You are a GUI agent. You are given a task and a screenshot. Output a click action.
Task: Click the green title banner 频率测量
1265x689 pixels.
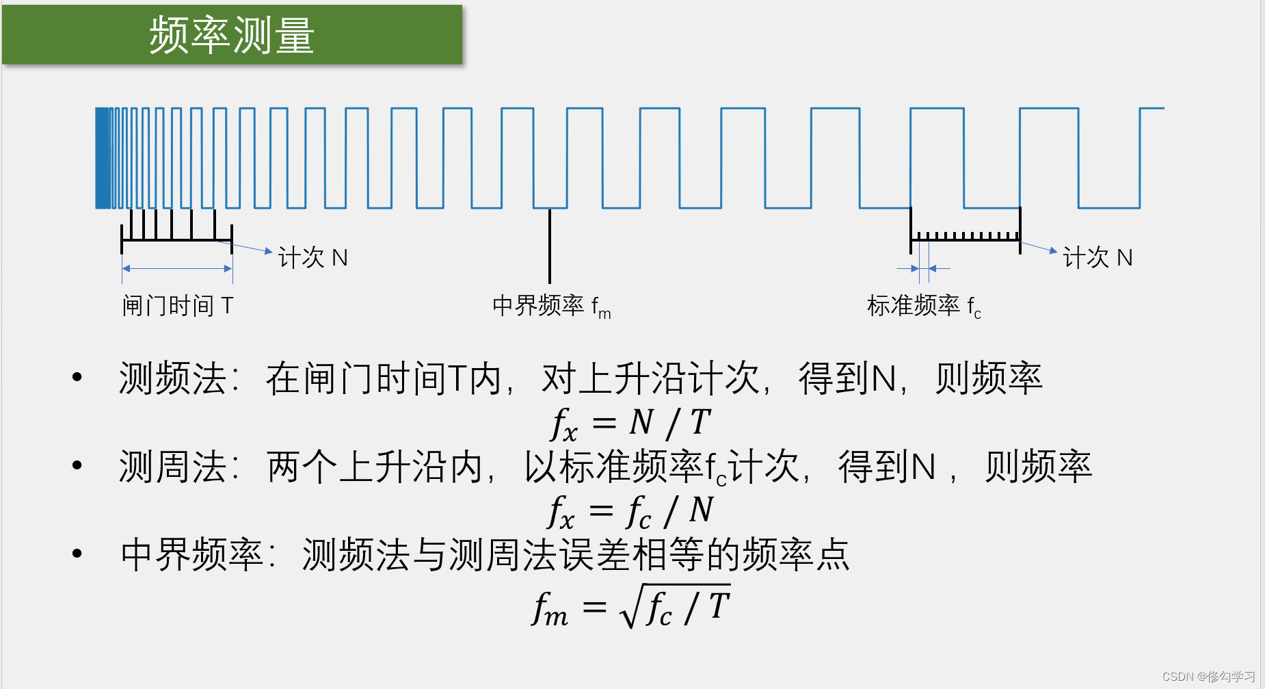(232, 35)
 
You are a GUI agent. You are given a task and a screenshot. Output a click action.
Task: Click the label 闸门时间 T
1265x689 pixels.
(178, 305)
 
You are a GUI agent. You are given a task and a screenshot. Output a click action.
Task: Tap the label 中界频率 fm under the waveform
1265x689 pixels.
(551, 306)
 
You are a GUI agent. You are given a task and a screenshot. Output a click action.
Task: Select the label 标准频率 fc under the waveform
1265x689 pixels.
(923, 306)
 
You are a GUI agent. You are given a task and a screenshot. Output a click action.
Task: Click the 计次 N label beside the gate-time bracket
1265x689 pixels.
(312, 258)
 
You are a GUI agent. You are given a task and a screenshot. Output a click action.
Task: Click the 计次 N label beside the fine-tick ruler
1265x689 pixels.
(1097, 258)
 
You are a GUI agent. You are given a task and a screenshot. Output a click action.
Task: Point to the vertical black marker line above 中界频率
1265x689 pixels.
(549, 246)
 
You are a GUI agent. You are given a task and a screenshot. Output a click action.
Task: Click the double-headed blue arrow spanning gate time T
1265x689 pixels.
(177, 269)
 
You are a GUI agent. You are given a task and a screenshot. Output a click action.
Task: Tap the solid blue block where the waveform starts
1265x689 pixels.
(103, 158)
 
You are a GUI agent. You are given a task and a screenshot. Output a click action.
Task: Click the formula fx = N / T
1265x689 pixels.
(630, 423)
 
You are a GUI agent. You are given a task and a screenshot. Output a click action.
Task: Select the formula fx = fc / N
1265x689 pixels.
(630, 511)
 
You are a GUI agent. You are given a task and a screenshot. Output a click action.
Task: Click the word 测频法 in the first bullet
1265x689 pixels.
(172, 378)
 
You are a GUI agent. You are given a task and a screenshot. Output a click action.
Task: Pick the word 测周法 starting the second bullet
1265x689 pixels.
(172, 467)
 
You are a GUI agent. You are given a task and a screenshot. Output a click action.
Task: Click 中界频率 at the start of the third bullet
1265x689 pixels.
(191, 554)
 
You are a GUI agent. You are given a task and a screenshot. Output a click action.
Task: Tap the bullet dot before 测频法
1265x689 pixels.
(77, 377)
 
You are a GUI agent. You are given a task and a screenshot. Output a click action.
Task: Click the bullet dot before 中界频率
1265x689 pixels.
(77, 553)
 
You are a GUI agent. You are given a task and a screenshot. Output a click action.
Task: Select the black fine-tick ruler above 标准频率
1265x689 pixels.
(965, 237)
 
